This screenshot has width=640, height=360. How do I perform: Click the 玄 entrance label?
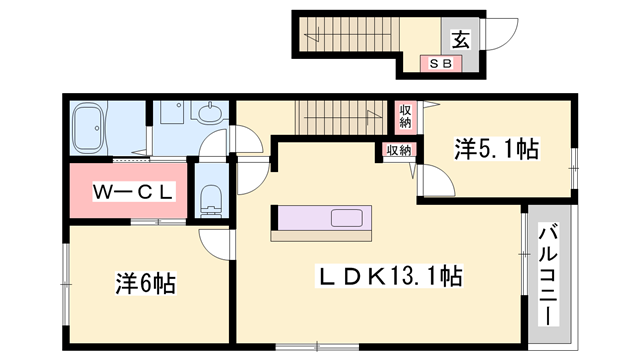tap(461, 40)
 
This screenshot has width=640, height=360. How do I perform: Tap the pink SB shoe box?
tap(440, 64)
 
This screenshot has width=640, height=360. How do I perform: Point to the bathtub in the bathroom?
tap(93, 131)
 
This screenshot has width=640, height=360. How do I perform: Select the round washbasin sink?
tap(211, 117)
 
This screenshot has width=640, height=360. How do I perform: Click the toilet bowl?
tap(210, 197)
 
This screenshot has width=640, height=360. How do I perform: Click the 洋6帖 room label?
tap(144, 284)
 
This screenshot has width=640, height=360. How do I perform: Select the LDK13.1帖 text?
tap(390, 272)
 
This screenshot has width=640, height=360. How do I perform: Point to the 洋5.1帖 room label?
tap(497, 150)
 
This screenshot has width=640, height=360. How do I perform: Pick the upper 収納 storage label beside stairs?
tap(405, 116)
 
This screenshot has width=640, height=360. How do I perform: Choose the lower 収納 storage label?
tap(398, 151)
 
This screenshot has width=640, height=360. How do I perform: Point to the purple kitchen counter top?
tap(300, 218)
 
